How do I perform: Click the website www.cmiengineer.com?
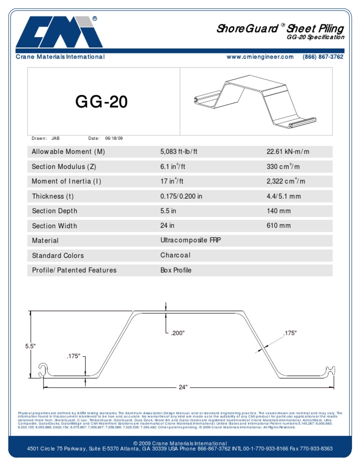(260, 57)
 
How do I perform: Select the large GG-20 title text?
(102, 102)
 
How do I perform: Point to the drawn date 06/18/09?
(114, 138)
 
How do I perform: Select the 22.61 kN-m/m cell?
(288, 152)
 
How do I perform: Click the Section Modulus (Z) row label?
(59, 167)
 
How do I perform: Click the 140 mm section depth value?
(278, 211)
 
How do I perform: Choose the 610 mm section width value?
(278, 226)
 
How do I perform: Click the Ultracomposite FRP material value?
(190, 241)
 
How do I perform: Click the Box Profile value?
(176, 271)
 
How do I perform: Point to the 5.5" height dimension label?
(30, 346)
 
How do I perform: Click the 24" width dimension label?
(183, 387)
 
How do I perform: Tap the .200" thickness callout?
(178, 333)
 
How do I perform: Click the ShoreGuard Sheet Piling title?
(280, 29)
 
